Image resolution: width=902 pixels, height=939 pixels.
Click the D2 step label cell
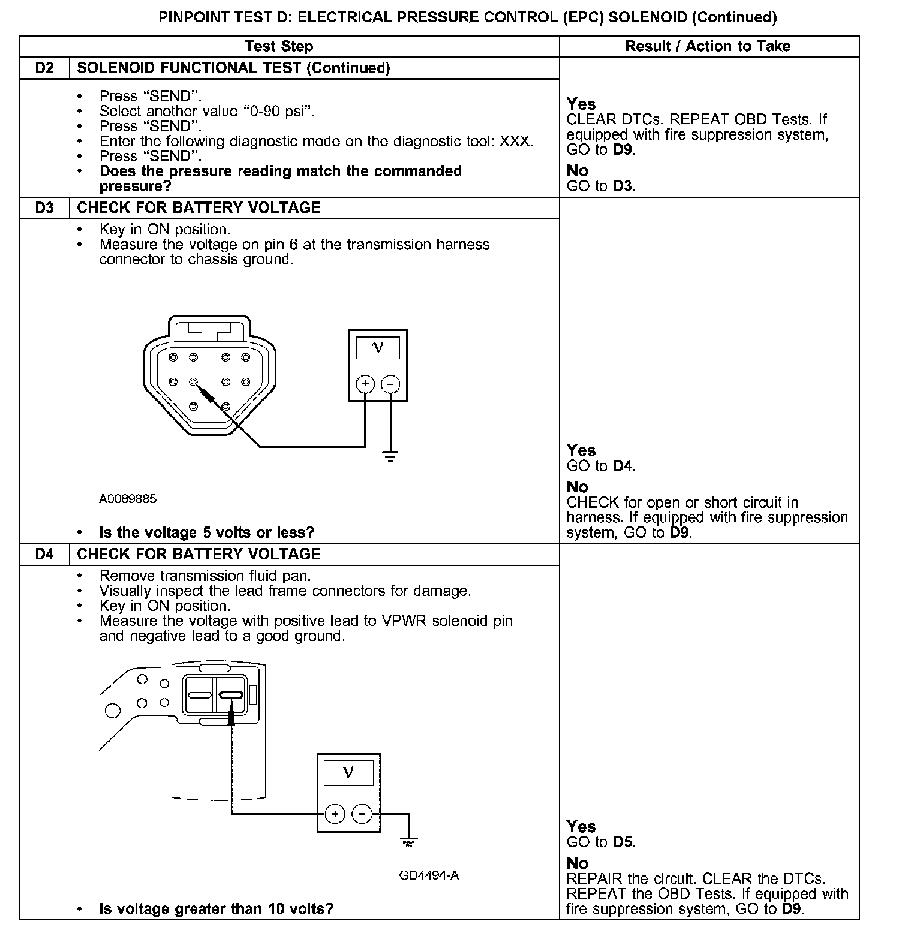coord(44,68)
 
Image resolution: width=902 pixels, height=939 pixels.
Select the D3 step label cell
coord(44,207)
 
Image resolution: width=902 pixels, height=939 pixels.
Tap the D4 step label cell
coord(44,554)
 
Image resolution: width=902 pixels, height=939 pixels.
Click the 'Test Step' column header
coord(279,46)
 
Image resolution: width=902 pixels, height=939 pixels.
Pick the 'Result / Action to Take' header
coord(708,46)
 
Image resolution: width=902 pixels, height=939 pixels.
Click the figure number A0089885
coord(128,499)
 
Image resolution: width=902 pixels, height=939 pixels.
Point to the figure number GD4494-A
coord(429,875)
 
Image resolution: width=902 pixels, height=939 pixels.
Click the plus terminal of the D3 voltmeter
coord(365,384)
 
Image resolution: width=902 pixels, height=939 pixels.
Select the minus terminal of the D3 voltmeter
coord(390,384)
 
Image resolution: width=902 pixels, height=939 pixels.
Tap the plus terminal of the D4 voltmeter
coord(335,814)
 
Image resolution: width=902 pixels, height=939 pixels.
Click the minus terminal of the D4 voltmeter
coord(361,814)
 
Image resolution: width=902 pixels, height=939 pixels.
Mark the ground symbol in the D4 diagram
coord(409,842)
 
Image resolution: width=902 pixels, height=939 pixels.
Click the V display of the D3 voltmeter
coord(378,347)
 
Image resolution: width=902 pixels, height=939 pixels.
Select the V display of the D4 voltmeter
coord(348,772)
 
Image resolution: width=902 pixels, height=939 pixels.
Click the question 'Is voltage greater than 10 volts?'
coord(216,908)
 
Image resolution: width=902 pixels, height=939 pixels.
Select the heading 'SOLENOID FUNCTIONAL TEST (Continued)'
coord(234,68)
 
